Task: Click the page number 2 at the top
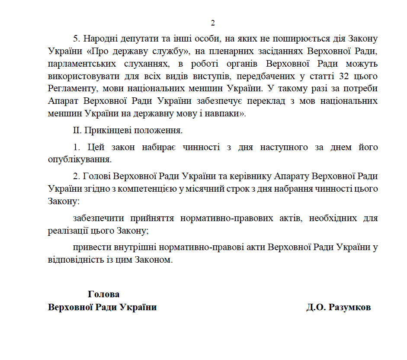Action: pyautogui.click(x=212, y=23)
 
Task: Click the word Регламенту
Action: pyautogui.click(x=70, y=89)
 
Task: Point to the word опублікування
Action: pyautogui.click(x=77, y=159)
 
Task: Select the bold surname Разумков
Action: pyautogui.click(x=350, y=308)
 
